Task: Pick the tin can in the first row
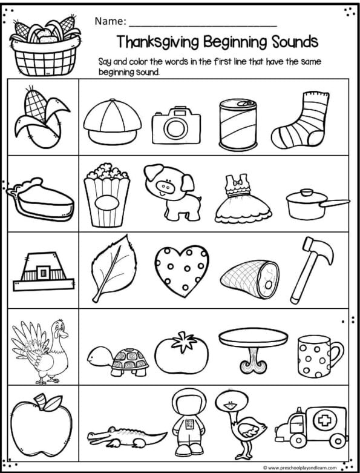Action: pyautogui.click(x=237, y=124)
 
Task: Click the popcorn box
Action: pyautogui.click(x=107, y=195)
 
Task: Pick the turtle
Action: pyautogui.click(x=119, y=359)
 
